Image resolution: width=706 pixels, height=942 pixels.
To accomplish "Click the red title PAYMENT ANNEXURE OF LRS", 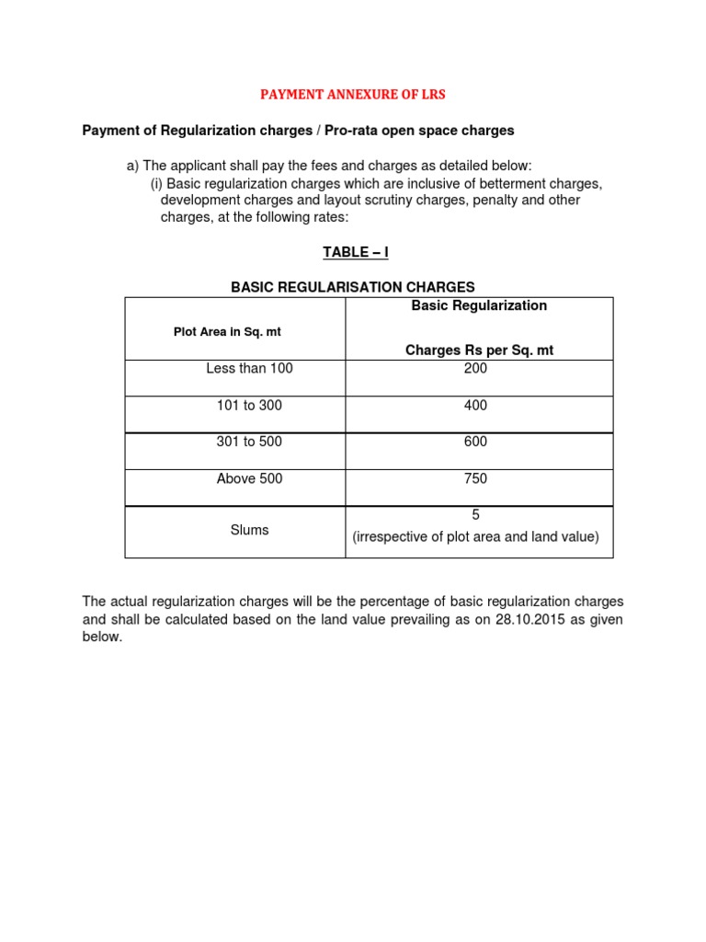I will [352, 95].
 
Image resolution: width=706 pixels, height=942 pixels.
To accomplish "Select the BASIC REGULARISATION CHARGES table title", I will [353, 287].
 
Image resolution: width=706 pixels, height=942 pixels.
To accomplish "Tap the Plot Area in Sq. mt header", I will [227, 332].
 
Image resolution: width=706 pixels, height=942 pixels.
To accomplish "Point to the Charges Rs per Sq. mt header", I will [479, 350].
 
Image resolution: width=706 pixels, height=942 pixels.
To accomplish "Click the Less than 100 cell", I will [250, 369].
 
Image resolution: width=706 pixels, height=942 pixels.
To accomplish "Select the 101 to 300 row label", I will [249, 406].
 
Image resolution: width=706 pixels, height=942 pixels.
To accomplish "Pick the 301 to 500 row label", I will [249, 442].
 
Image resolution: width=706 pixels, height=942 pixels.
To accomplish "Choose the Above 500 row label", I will [249, 479].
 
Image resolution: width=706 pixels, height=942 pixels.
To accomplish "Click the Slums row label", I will [250, 531].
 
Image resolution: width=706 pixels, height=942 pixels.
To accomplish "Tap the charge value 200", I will [476, 369].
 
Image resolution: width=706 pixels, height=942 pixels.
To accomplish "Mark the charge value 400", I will [476, 406].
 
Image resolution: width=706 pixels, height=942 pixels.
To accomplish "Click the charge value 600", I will [476, 442].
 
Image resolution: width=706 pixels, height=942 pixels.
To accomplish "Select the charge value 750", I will [476, 479].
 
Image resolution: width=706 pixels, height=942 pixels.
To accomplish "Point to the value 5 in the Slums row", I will [476, 515].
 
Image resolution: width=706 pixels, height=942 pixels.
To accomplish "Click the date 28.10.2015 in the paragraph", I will [528, 619].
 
